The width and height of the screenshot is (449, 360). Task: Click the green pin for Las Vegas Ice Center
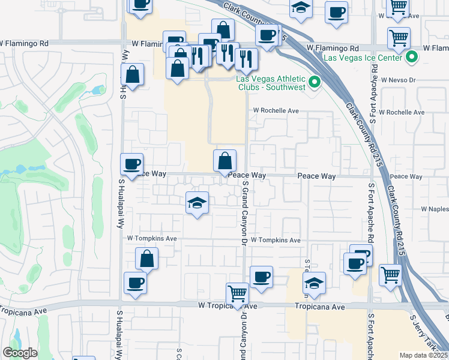coord(412,58)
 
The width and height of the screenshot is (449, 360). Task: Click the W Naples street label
coord(435,208)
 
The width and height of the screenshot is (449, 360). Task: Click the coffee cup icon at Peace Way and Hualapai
coord(131,164)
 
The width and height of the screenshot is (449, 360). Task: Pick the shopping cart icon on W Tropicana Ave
coord(238,293)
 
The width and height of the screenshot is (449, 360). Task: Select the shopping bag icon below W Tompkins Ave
coord(147,259)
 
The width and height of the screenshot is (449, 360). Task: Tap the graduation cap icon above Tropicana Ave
coord(314,283)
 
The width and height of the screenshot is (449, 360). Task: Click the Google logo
coord(20,353)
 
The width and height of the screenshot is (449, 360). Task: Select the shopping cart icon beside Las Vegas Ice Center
coord(399,38)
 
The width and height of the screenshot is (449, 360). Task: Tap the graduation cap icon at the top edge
coord(301,8)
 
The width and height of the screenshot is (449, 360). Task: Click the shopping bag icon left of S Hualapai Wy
coord(133,75)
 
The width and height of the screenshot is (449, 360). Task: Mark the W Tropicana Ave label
coord(228,306)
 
